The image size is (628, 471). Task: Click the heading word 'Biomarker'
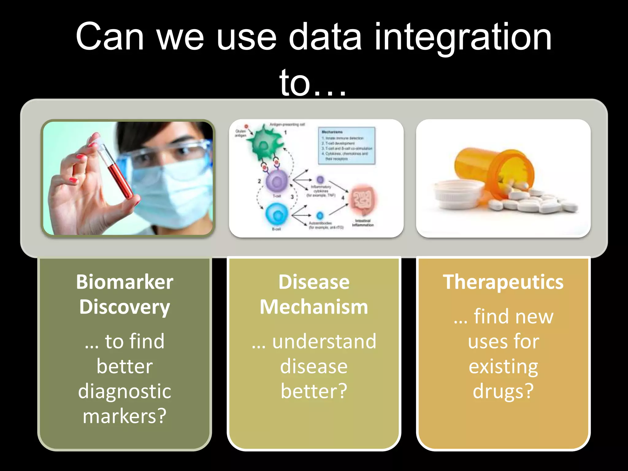(124, 282)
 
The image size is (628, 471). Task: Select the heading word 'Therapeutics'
(503, 282)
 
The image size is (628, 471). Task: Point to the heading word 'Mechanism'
(314, 307)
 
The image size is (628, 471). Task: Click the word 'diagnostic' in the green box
(124, 391)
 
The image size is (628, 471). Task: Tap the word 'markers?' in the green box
(124, 416)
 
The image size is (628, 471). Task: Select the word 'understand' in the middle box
(324, 341)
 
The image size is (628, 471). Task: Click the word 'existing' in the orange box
(503, 366)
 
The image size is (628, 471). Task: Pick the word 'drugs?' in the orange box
(503, 391)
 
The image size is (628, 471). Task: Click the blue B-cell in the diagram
(277, 215)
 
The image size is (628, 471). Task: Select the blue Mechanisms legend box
(347, 146)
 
